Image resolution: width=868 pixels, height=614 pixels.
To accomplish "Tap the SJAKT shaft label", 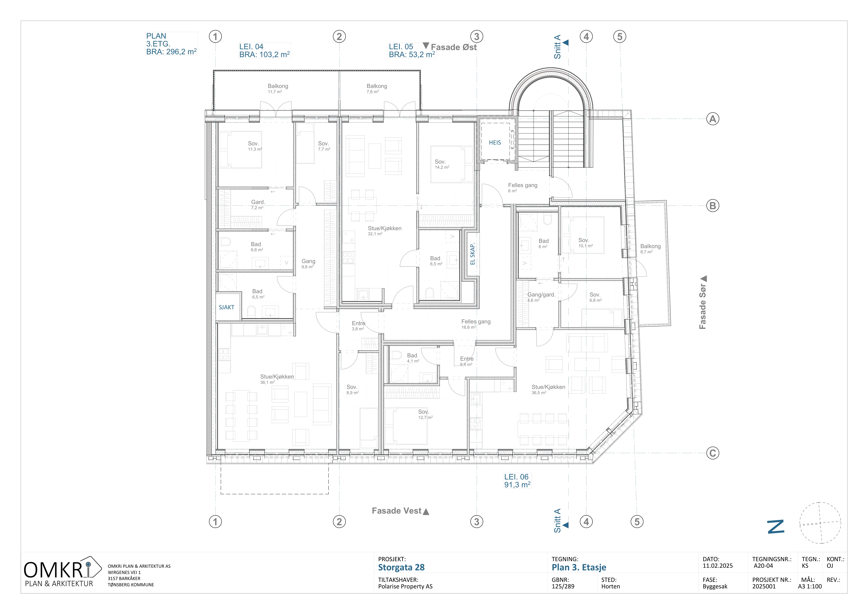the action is (227, 307).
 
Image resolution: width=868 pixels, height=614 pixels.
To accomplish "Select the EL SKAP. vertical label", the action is (472, 254).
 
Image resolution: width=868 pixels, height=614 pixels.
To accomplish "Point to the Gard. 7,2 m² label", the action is (258, 205).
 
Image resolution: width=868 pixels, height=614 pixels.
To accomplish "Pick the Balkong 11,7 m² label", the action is (278, 88).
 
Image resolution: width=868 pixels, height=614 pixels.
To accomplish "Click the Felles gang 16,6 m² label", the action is (476, 324).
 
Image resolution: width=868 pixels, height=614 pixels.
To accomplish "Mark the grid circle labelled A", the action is (713, 119).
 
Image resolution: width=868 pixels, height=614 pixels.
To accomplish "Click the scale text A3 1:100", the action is (810, 586).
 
